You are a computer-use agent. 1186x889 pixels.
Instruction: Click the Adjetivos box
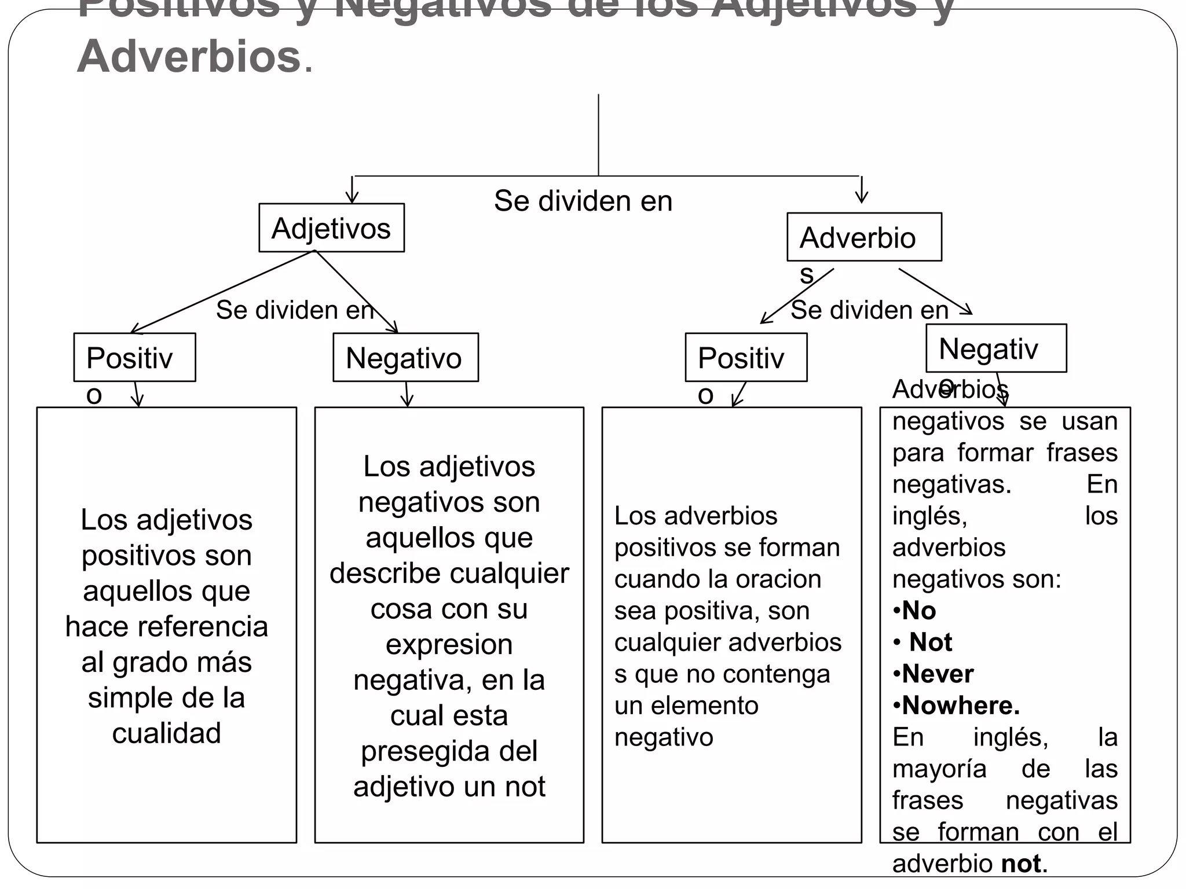click(331, 227)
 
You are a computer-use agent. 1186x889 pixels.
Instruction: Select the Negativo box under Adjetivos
click(405, 357)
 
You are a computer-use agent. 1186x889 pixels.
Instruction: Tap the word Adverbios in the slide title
click(189, 57)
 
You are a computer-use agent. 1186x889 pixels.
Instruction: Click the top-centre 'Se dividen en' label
click(583, 201)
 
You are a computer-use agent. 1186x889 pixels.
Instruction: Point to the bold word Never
click(938, 674)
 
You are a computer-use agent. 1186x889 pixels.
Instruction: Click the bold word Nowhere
click(960, 705)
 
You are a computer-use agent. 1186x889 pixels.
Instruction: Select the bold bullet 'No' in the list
click(919, 611)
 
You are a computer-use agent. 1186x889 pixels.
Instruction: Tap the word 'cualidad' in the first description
click(167, 733)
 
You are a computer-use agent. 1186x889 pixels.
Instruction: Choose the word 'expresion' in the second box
click(449, 644)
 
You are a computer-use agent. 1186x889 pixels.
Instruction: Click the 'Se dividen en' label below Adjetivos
click(294, 310)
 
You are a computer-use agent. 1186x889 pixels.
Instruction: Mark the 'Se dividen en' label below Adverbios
click(869, 310)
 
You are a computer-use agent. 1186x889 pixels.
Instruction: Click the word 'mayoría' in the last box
click(939, 769)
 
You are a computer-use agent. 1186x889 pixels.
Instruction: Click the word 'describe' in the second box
click(385, 573)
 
